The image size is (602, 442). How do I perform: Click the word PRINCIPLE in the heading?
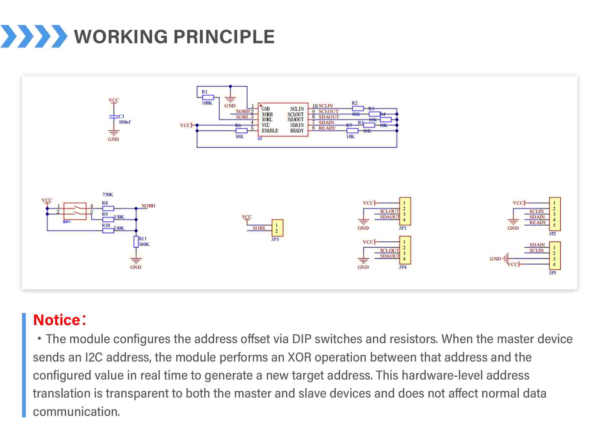click(x=224, y=37)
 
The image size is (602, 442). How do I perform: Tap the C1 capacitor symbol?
click(x=114, y=117)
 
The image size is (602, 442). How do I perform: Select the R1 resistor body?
click(x=208, y=97)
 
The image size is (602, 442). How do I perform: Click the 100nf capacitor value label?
click(x=125, y=122)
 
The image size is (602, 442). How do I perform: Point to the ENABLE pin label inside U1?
click(x=270, y=131)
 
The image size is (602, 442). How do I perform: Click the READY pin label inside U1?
click(x=297, y=131)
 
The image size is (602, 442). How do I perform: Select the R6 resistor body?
click(x=241, y=131)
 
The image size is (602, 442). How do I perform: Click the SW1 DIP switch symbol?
click(x=75, y=211)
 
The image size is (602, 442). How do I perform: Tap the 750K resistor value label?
click(x=108, y=195)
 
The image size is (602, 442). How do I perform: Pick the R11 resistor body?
click(x=136, y=242)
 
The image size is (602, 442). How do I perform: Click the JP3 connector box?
click(x=277, y=228)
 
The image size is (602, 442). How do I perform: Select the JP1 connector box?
click(x=405, y=211)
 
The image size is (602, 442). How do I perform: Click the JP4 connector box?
click(x=405, y=250)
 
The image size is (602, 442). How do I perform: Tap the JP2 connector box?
click(x=555, y=214)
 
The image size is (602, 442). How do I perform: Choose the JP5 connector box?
click(x=555, y=256)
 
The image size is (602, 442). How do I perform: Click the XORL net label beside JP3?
click(x=259, y=228)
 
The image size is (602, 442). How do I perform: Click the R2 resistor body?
click(x=358, y=108)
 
